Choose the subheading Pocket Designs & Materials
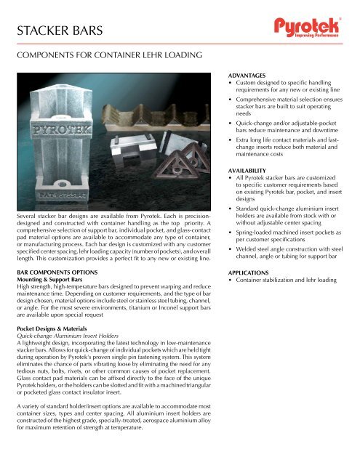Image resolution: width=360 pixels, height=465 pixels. click(53, 327)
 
